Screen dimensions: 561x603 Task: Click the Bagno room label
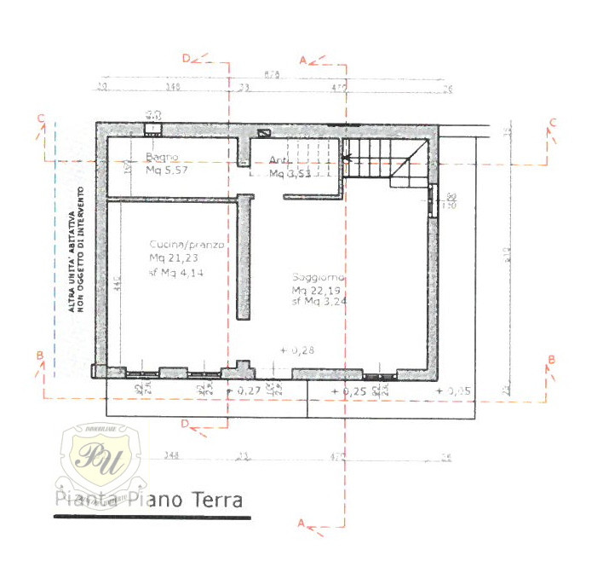tap(161, 158)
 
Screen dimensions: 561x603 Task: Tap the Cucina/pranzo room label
tap(187, 245)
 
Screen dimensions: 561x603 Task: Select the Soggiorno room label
tap(318, 277)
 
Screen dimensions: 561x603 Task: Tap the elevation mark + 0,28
tap(298, 350)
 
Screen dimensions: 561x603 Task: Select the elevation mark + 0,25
tap(352, 390)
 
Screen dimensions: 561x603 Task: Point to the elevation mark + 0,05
tap(453, 390)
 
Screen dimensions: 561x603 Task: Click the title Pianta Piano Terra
tap(149, 500)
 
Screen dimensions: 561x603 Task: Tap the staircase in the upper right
tap(383, 160)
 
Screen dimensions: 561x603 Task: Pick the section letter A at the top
tap(302, 60)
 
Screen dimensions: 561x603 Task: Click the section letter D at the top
tap(186, 57)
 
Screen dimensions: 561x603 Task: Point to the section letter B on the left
tap(39, 356)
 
